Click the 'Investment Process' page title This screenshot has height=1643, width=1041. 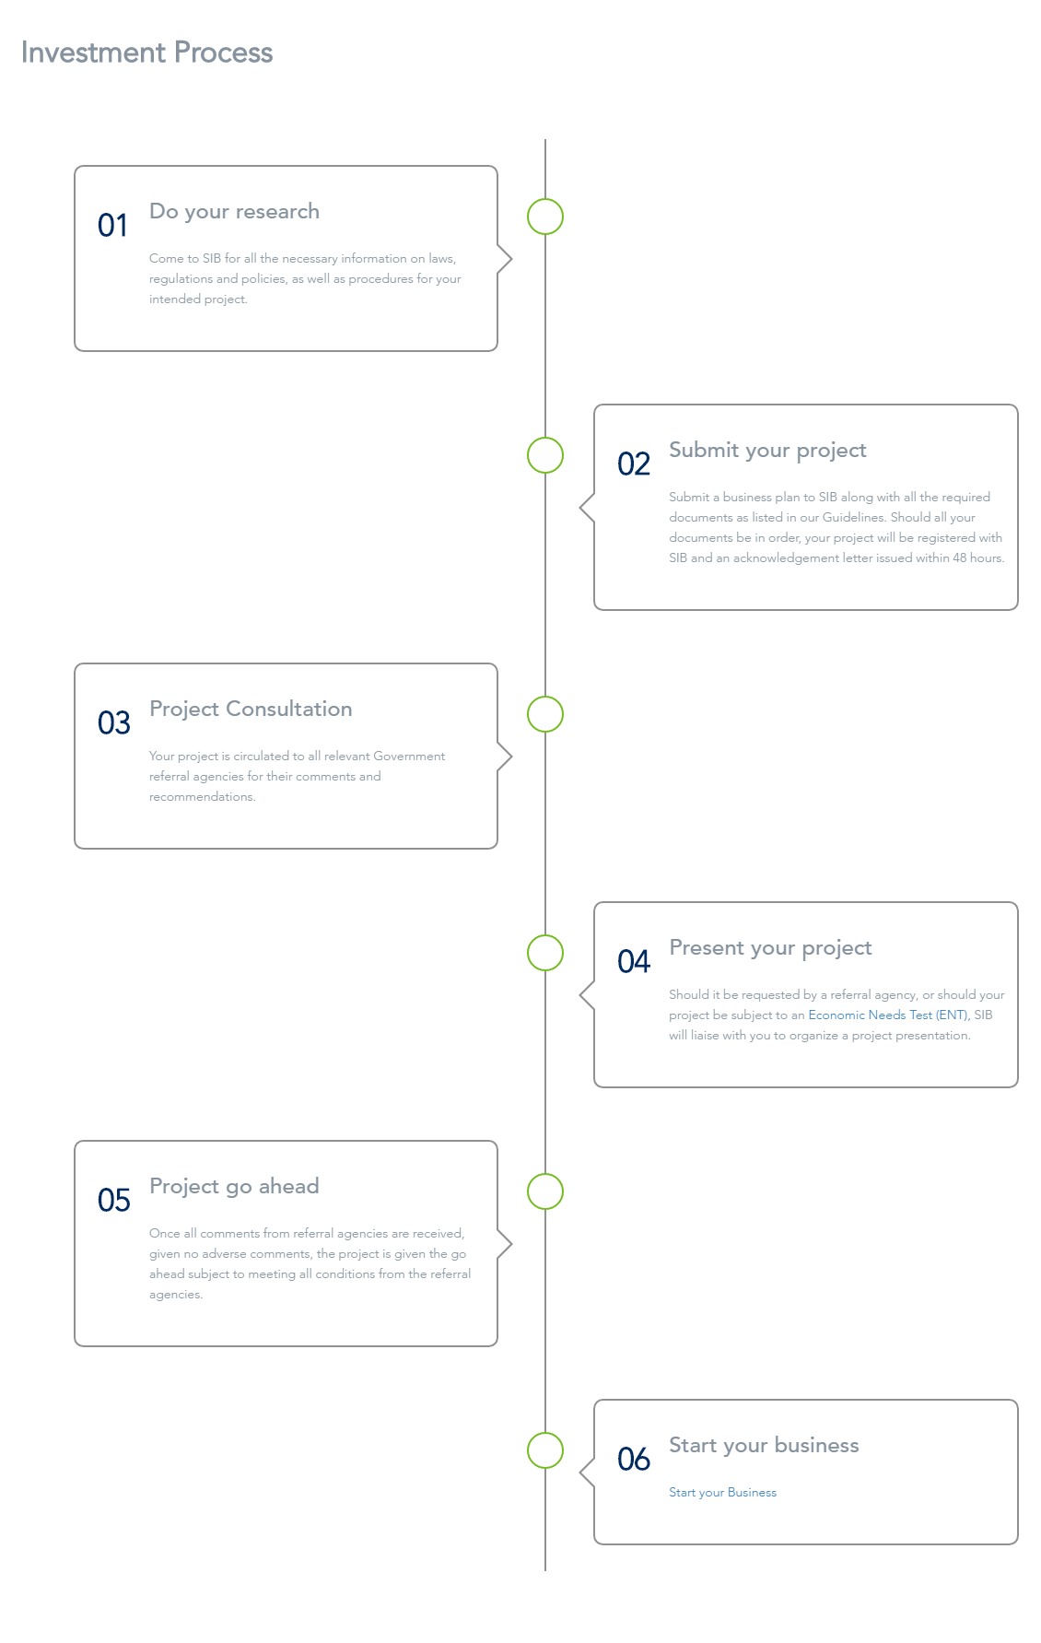(146, 53)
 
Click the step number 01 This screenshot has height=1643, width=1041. (112, 226)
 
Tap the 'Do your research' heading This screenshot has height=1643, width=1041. (234, 212)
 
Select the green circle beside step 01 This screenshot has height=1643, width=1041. (545, 199)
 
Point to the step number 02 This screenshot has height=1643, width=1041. (634, 464)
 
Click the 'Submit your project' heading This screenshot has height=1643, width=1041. (767, 451)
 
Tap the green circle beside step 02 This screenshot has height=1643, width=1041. (545, 438)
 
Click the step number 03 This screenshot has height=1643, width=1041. (114, 723)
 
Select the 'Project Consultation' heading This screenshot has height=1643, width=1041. (251, 709)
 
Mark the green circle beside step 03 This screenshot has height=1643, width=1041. (545, 697)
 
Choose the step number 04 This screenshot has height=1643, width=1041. (634, 962)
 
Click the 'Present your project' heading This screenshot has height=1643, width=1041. (770, 948)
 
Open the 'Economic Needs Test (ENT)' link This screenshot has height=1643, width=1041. (888, 1015)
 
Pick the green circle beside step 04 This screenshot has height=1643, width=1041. (545, 935)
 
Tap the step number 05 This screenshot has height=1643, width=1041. (114, 1201)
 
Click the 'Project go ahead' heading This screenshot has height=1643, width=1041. (234, 1187)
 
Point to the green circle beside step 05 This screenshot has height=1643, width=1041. (545, 1174)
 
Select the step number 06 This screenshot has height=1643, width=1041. (634, 1460)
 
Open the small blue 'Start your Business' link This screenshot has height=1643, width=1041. (722, 1493)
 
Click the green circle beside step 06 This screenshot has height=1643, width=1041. (545, 1433)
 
